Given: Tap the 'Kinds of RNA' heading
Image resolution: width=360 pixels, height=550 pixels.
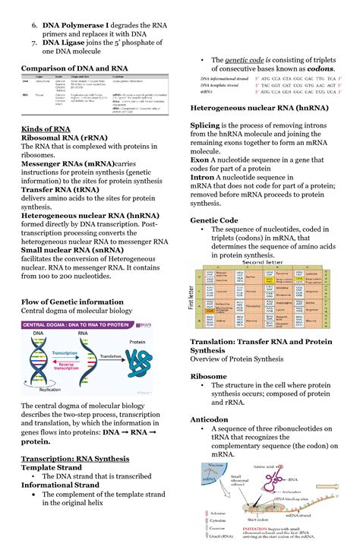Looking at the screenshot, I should click(46, 129).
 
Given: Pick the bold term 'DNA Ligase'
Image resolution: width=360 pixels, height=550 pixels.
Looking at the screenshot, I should click(68, 43).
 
